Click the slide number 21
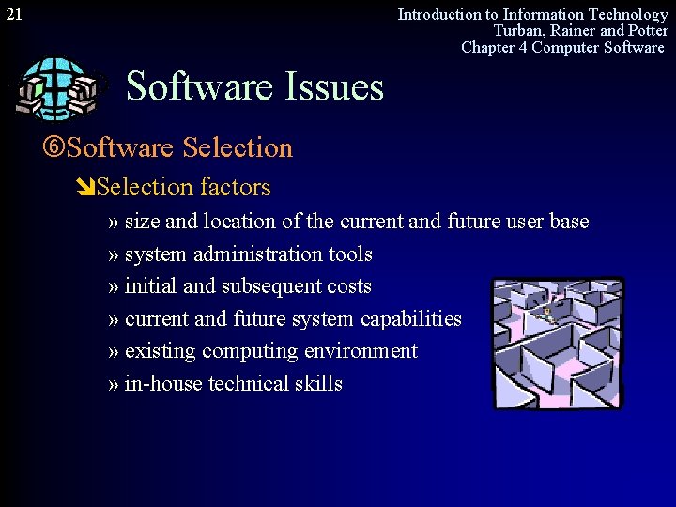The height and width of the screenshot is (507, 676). coord(14,14)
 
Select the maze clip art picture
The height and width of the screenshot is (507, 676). coord(558,343)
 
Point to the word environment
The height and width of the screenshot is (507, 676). coord(361,351)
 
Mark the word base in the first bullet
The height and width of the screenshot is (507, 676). coord(569,223)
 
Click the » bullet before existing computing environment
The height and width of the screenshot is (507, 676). coord(114,351)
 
